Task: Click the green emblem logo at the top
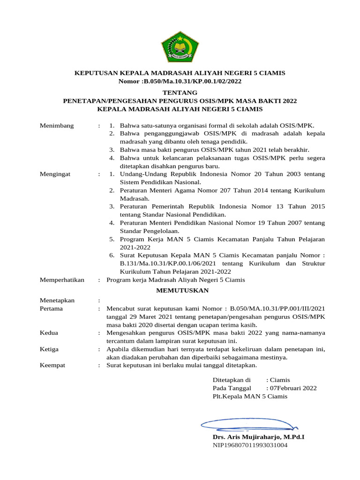(180, 46)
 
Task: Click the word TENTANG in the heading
(180, 93)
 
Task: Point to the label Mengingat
(55, 174)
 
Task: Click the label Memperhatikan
(62, 280)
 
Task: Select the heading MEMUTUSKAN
(182, 291)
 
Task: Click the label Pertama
(52, 309)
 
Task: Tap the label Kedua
(49, 333)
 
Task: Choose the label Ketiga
(50, 349)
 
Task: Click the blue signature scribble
(248, 425)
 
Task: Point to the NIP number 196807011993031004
(250, 445)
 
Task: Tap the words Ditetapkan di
(232, 380)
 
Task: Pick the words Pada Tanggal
(232, 388)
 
